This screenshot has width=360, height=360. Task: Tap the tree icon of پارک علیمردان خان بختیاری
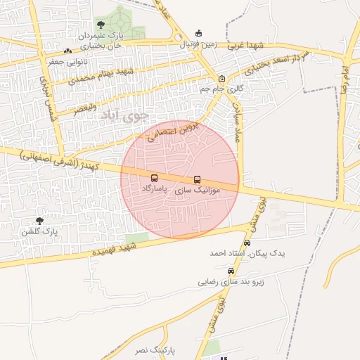(x=101, y=25)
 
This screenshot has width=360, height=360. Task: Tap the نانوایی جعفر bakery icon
(x=67, y=51)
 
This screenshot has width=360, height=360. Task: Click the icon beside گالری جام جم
(x=222, y=78)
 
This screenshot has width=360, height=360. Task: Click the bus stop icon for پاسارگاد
(x=155, y=178)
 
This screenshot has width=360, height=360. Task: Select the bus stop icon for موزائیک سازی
(x=197, y=179)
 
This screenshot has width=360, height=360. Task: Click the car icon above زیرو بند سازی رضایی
(x=231, y=271)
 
